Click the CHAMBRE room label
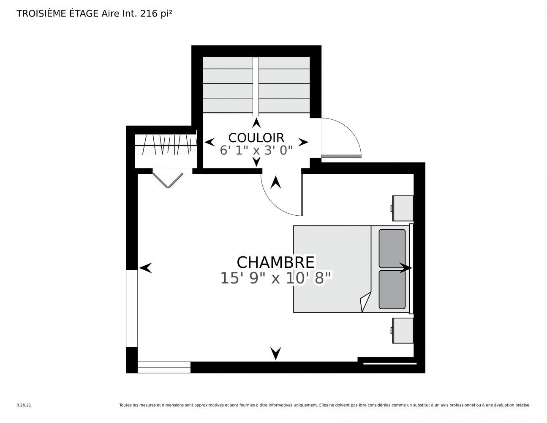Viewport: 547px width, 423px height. click(275, 262)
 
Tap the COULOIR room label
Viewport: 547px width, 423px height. click(256, 137)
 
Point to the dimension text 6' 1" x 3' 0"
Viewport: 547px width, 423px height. click(256, 151)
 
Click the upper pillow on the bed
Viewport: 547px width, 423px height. click(392, 248)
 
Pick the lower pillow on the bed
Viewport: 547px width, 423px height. click(392, 289)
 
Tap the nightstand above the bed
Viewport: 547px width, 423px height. click(403, 208)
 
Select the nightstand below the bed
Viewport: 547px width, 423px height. click(403, 330)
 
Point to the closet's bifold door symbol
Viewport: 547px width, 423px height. click(168, 179)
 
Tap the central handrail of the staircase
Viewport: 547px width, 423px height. click(256, 86)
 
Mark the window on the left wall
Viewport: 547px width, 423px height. click(132, 308)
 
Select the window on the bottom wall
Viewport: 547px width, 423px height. click(164, 367)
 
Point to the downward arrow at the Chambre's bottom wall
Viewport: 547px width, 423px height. click(276, 353)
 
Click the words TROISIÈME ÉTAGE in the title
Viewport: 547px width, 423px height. click(57, 14)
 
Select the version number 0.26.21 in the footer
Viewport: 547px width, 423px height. click(24, 405)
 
